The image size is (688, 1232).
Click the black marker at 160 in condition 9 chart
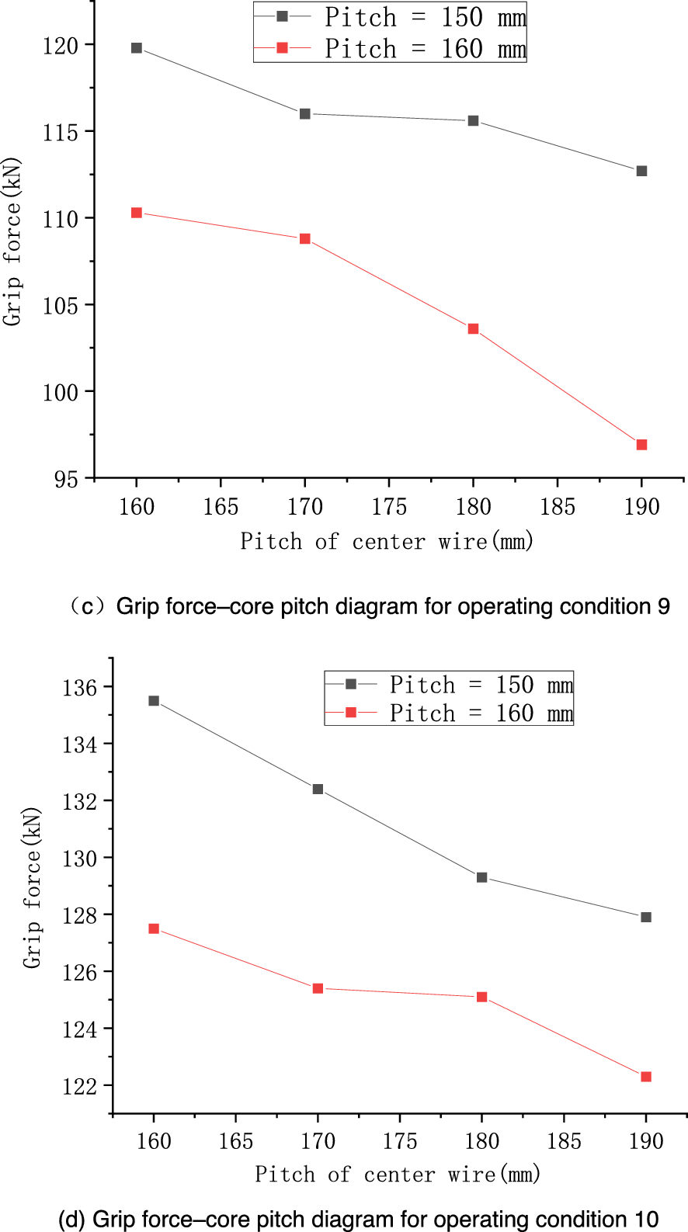pyautogui.click(x=137, y=48)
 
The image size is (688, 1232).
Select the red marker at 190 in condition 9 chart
pyautogui.click(x=641, y=445)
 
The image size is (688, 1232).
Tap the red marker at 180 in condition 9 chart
pyautogui.click(x=473, y=329)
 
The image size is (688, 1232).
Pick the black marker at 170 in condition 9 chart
pyautogui.click(x=305, y=114)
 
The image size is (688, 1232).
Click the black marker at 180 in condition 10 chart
pyautogui.click(x=481, y=877)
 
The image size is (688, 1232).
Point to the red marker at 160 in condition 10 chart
pyautogui.click(x=154, y=928)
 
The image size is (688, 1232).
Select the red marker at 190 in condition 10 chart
pyautogui.click(x=645, y=1077)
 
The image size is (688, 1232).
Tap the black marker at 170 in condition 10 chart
pyautogui.click(x=318, y=790)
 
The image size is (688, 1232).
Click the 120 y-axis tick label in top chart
pyautogui.click(x=61, y=46)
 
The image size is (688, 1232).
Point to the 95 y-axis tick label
pyautogui.click(x=66, y=480)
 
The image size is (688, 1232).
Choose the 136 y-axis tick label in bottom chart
pyautogui.click(x=80, y=688)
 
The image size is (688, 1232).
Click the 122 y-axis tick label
pyautogui.click(x=80, y=1086)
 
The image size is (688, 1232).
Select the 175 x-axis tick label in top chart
pyautogui.click(x=389, y=507)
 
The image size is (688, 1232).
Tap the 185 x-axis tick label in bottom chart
pyautogui.click(x=564, y=1141)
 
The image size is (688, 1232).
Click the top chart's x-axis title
pyautogui.click(x=387, y=541)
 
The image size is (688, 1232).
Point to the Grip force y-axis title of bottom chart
pyautogui.click(x=31, y=888)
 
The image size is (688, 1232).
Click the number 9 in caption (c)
pyautogui.click(x=663, y=606)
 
